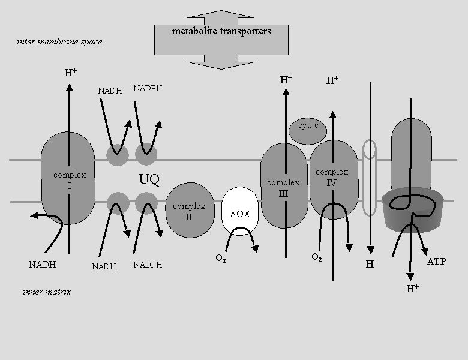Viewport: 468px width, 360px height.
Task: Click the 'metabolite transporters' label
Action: [x=221, y=31]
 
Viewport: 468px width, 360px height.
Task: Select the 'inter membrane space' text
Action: [x=59, y=41]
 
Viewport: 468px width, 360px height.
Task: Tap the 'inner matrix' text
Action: [x=47, y=292]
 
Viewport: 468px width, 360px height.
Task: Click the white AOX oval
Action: [x=240, y=211]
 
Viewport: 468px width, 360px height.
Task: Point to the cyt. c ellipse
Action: [x=308, y=131]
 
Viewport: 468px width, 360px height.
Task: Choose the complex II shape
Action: [x=190, y=210]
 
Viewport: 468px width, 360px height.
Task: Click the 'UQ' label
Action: [x=149, y=179]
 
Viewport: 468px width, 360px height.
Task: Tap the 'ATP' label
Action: [x=437, y=262]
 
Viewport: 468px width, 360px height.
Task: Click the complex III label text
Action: [x=283, y=188]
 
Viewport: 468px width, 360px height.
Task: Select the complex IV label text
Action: [x=332, y=178]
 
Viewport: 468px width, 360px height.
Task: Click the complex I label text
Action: [x=70, y=180]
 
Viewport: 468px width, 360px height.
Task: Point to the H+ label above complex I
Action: [x=71, y=73]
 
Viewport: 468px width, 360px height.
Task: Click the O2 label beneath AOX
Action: [x=221, y=259]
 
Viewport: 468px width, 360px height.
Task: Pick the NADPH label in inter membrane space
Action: [x=148, y=88]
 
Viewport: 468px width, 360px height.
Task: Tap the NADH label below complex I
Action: [x=42, y=265]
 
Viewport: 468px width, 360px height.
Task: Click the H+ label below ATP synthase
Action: [x=412, y=289]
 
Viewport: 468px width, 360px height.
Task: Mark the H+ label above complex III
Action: [x=286, y=80]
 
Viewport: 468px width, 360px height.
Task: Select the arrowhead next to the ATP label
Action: [x=424, y=251]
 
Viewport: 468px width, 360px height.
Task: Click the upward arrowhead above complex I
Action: [x=70, y=87]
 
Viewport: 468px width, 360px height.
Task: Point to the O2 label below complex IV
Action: [x=317, y=257]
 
